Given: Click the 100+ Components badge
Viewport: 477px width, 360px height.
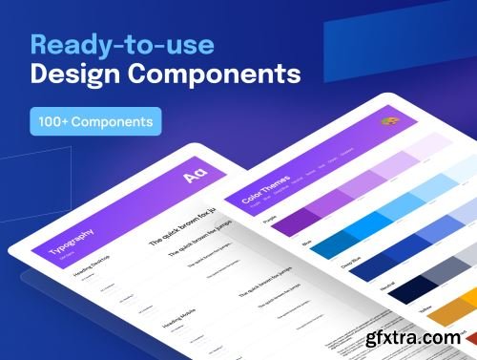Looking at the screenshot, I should (x=94, y=122).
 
